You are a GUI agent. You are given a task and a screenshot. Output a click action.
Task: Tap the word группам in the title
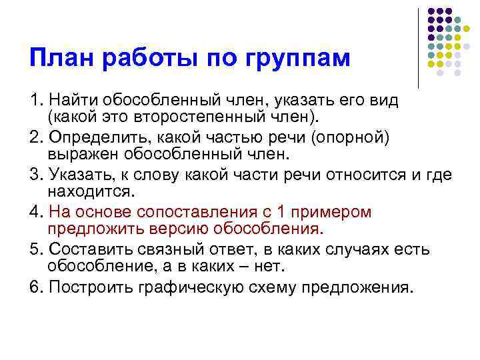pyautogui.click(x=299, y=59)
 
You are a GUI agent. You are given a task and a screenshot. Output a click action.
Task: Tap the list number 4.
pyautogui.click(x=34, y=211)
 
